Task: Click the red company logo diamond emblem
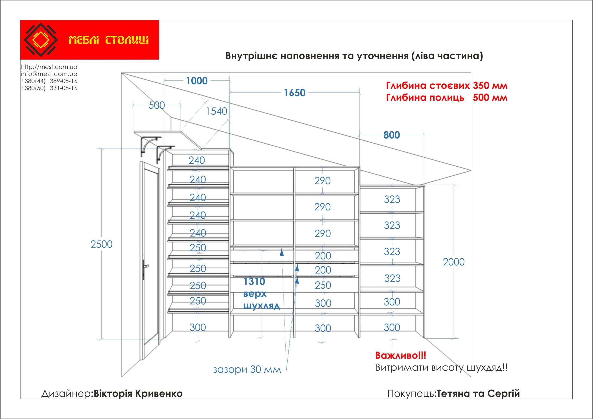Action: point(41,40)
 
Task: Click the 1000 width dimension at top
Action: point(197,81)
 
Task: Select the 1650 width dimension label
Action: point(294,93)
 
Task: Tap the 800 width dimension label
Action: point(391,135)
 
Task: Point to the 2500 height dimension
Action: point(101,244)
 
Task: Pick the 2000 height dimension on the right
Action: point(454,262)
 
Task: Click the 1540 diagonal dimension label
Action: point(216,111)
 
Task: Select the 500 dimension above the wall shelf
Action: point(157,105)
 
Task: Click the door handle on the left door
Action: point(145,266)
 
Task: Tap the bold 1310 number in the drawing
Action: point(254,281)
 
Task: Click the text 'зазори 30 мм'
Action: point(247,369)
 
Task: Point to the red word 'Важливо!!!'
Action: point(401,356)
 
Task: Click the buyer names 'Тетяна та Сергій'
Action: point(478,393)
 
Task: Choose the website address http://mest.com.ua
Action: point(49,67)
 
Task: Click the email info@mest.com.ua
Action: point(49,74)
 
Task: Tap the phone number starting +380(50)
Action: point(49,88)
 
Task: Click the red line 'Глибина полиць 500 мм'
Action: point(447,98)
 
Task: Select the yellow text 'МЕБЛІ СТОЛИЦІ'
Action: point(108,40)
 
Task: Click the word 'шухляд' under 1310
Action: point(261,306)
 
